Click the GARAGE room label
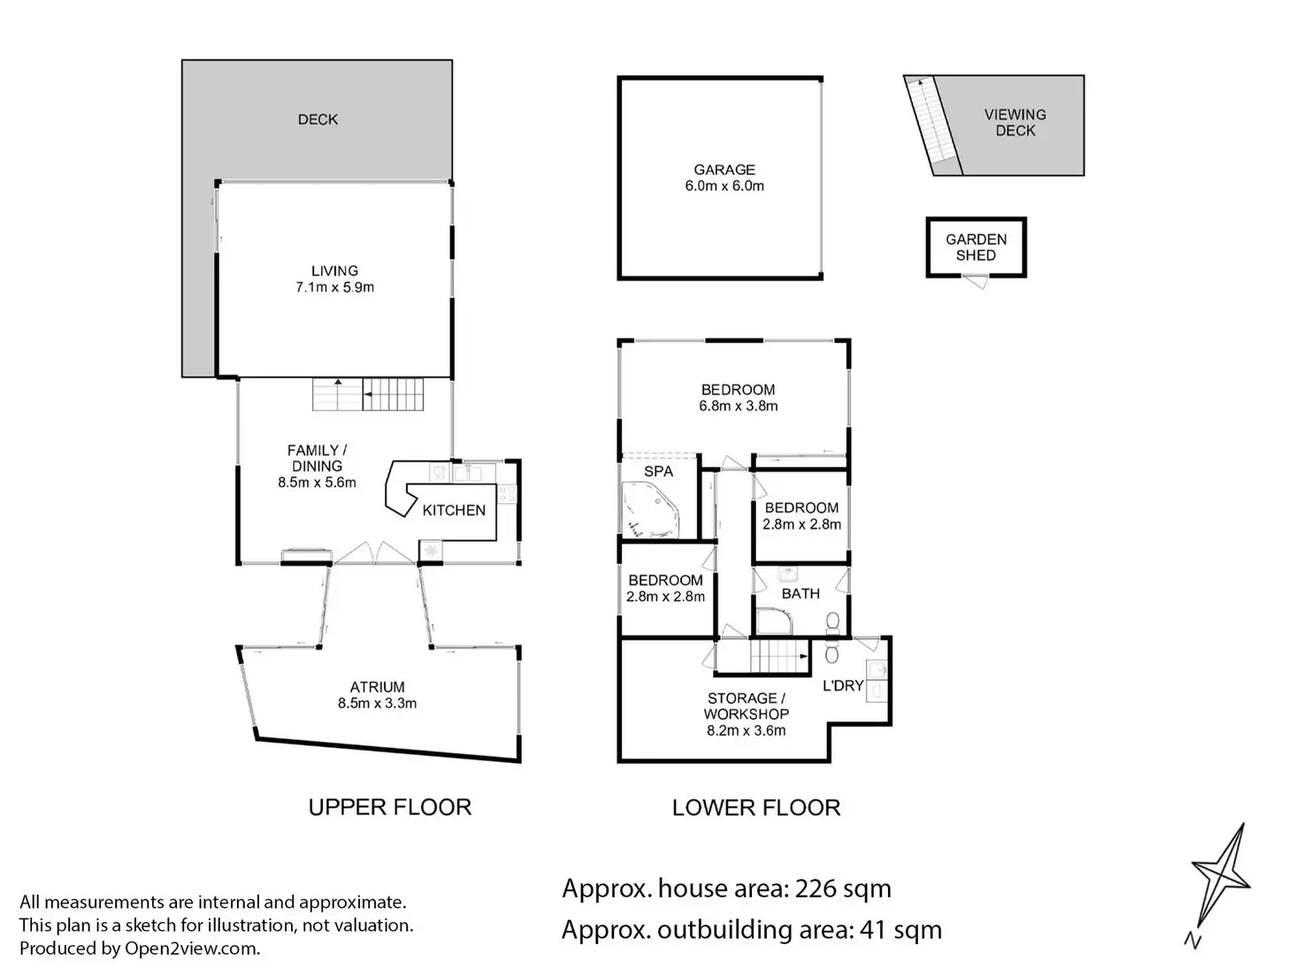(x=724, y=170)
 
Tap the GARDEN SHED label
(x=976, y=248)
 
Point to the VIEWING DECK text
(x=1015, y=123)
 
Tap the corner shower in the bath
(x=774, y=621)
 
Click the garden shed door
(x=975, y=281)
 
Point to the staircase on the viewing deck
(x=932, y=125)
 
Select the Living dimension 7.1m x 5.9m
(x=334, y=287)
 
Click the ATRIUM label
(x=378, y=687)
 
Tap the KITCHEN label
(x=454, y=510)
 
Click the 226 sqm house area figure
(x=843, y=888)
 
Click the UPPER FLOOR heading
(x=390, y=807)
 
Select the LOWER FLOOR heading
(x=756, y=808)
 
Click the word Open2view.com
(x=192, y=949)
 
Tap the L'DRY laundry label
(x=843, y=686)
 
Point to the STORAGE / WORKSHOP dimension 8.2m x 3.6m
(x=747, y=730)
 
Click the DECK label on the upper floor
(x=318, y=119)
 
